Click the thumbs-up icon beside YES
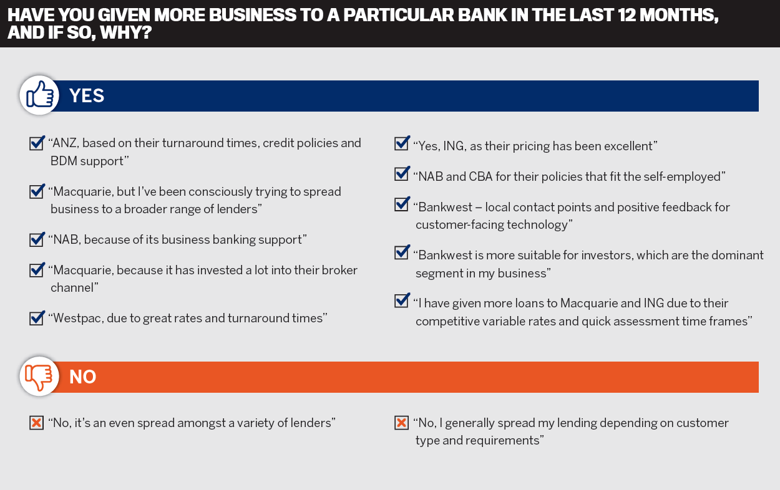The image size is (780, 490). tap(40, 95)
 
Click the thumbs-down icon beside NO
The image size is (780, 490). tap(39, 377)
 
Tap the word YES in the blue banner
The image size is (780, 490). tap(86, 95)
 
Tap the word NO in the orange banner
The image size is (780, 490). tap(82, 377)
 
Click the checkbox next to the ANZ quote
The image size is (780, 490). tap(37, 143)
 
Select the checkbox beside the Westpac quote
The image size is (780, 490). tap(37, 318)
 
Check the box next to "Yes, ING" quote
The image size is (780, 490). tap(402, 143)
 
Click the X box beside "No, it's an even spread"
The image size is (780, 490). tap(37, 423)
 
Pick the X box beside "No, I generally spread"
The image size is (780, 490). tap(401, 423)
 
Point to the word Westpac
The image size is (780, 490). tap(78, 319)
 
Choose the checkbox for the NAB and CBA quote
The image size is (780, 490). tap(402, 173)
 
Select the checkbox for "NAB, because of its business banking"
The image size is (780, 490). tap(37, 239)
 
